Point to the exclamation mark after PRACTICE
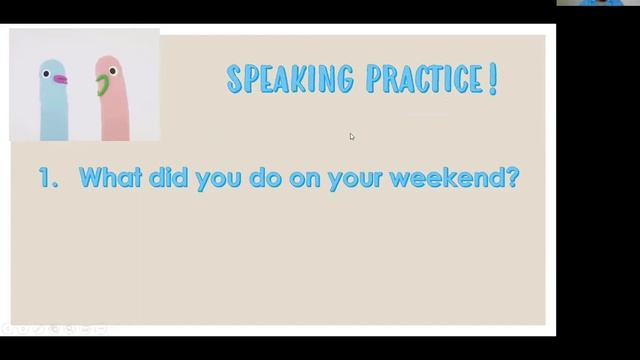pyautogui.click(x=492, y=79)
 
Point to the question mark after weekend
pyautogui.click(x=513, y=179)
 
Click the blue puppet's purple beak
pyautogui.click(x=60, y=78)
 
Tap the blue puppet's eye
pyautogui.click(x=46, y=71)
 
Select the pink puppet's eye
pyautogui.click(x=112, y=72)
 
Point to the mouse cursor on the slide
pyautogui.click(x=352, y=136)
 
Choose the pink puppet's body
pyautogui.click(x=112, y=115)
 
